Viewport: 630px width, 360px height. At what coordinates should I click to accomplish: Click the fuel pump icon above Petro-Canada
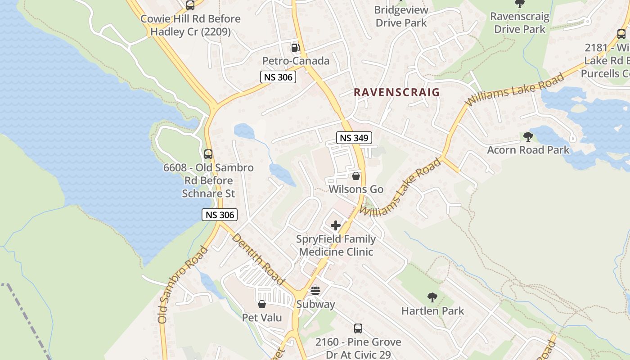295,47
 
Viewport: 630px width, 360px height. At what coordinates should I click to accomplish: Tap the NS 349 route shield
354,138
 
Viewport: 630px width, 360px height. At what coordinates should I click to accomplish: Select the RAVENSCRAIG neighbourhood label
396,92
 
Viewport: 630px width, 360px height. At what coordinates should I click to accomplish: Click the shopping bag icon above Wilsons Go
355,176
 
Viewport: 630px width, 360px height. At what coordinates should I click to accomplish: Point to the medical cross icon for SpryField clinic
336,225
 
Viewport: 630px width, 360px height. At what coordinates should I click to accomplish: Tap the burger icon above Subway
315,291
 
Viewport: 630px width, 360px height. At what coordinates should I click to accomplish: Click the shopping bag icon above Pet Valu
262,305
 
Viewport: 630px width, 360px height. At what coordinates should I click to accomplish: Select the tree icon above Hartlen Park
432,297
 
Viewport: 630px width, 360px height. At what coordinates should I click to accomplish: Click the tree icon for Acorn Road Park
528,137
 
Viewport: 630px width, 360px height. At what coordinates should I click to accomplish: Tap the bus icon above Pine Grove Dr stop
358,328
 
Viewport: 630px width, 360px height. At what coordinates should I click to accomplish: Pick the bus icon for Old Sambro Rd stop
208,154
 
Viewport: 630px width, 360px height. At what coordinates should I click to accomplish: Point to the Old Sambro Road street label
183,284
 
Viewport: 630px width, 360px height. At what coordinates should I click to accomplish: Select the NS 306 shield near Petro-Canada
278,77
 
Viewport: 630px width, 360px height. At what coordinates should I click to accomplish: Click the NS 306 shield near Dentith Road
220,215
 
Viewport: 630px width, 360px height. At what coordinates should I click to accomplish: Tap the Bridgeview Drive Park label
400,16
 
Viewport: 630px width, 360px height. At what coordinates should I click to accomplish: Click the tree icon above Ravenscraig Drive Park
520,4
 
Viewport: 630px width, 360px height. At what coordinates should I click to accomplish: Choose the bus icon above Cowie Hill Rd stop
190,5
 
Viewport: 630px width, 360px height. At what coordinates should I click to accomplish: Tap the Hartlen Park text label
432,311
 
